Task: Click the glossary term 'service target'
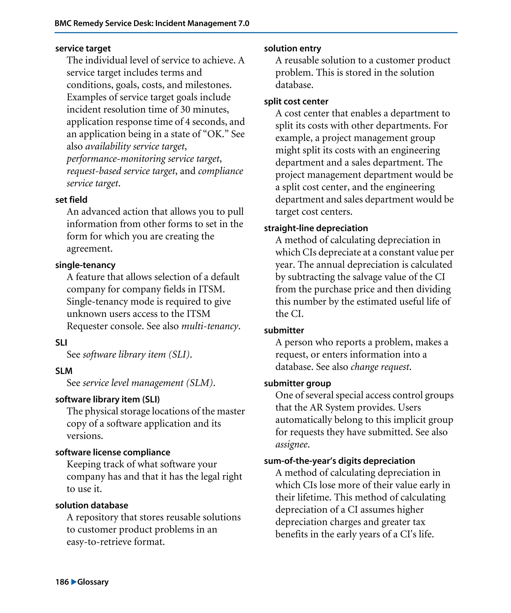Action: [x=83, y=48]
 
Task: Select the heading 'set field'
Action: [x=71, y=200]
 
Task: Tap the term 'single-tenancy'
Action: [x=85, y=265]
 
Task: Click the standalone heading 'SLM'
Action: [x=64, y=371]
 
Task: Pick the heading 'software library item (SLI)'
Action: [x=108, y=399]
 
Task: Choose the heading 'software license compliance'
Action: [x=113, y=452]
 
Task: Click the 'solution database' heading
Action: [x=92, y=505]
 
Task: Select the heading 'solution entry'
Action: [x=292, y=48]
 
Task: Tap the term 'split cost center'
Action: [x=296, y=102]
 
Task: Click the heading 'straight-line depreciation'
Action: [x=316, y=228]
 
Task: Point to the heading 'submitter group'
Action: [x=297, y=383]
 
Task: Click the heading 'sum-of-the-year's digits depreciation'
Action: [x=339, y=461]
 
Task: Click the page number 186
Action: [x=62, y=582]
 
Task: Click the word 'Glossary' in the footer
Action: [x=93, y=582]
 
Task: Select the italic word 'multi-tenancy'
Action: [x=210, y=326]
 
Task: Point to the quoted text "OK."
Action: [x=216, y=134]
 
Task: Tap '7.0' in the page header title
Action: [x=243, y=23]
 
